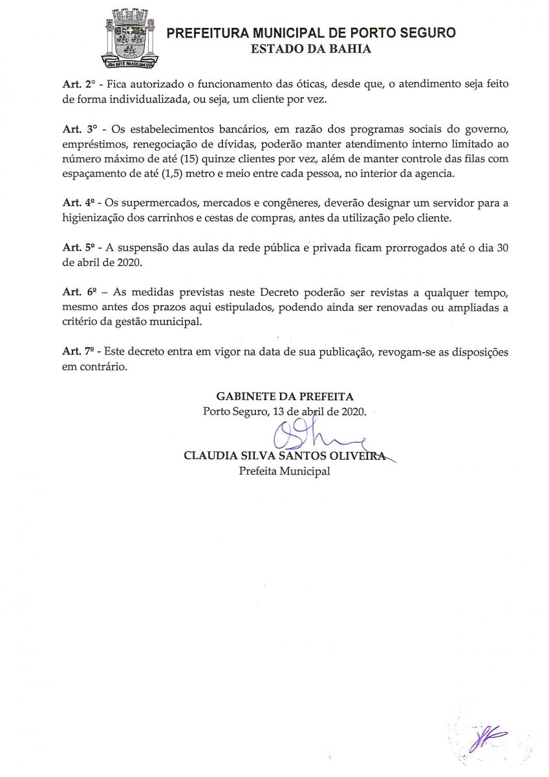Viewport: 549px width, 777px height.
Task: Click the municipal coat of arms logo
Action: point(131,39)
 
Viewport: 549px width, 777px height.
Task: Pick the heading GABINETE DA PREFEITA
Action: point(285,396)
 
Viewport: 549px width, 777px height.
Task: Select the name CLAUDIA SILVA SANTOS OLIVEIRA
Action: point(285,456)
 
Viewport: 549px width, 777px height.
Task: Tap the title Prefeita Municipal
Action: point(285,471)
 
